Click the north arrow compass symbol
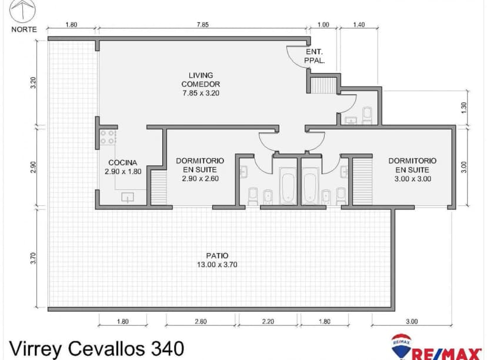pyautogui.click(x=23, y=11)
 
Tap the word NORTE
pyautogui.click(x=24, y=29)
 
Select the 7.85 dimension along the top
pyautogui.click(x=202, y=25)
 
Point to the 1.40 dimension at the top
pyautogui.click(x=359, y=25)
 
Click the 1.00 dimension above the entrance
pyautogui.click(x=323, y=25)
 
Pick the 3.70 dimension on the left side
pyautogui.click(x=34, y=258)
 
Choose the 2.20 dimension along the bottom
pyautogui.click(x=268, y=321)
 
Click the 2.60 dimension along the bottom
pyautogui.click(x=201, y=321)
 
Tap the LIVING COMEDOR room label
pyautogui.click(x=201, y=84)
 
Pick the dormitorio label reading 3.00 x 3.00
pyautogui.click(x=412, y=169)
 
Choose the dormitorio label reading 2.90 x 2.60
pyautogui.click(x=200, y=169)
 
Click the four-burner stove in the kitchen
pyautogui.click(x=108, y=138)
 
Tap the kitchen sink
pyautogui.click(x=128, y=198)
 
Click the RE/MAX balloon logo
pyautogui.click(x=401, y=346)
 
